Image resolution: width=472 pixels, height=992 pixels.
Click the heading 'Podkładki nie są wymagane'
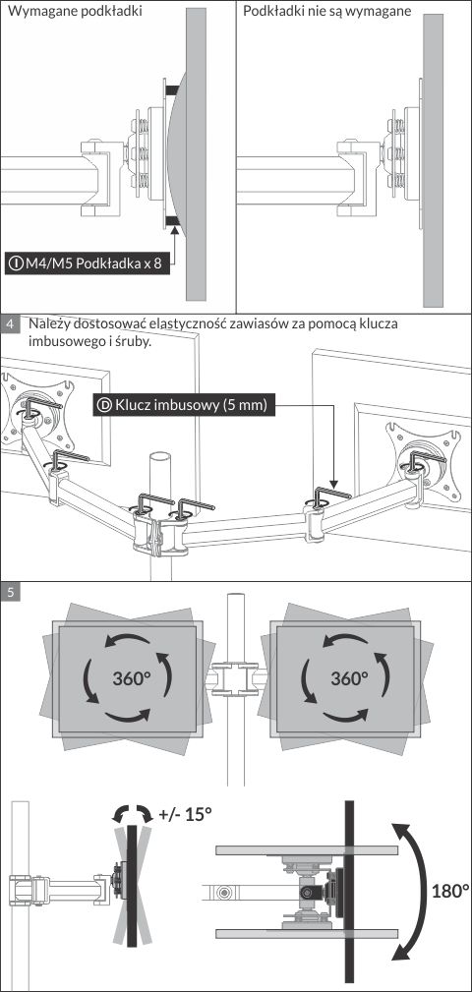tap(327, 12)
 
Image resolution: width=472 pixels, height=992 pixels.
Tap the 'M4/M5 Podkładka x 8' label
tap(92, 263)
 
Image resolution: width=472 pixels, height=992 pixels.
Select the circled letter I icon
tap(15, 263)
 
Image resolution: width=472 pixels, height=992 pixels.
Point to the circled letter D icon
tap(105, 405)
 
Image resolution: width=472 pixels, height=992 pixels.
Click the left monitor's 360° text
tap(132, 678)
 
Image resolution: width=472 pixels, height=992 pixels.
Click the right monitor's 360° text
tap(349, 678)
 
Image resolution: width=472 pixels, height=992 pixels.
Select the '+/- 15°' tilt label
tap(186, 814)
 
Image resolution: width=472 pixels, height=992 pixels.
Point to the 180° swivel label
tap(450, 891)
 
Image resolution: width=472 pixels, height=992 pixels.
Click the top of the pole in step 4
tap(160, 457)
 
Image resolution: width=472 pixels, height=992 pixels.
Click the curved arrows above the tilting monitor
tap(132, 812)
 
